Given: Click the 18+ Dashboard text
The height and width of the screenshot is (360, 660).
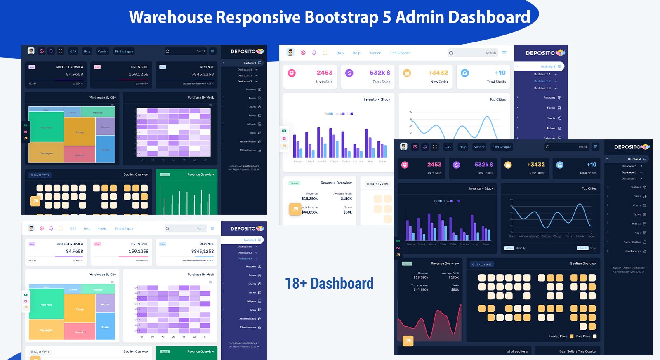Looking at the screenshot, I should coord(329,283).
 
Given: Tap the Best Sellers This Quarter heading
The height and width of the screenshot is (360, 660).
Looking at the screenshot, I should coord(577,351).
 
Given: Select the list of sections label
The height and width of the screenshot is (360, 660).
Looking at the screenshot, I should coord(516,351).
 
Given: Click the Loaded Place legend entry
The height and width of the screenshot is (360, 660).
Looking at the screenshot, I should coord(558,336).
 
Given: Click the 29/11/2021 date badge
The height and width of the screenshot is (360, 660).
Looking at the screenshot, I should coord(482,264).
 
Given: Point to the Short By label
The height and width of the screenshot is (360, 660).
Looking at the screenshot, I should coord(520,248).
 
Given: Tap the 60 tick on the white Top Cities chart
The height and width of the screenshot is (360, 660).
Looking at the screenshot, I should coord(410,112).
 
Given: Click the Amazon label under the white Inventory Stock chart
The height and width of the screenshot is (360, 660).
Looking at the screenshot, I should coord(297,162).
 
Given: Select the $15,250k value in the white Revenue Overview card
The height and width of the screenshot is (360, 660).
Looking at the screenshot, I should coord(309,198).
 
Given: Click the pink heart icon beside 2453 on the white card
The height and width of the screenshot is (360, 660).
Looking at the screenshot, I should coord(292,73).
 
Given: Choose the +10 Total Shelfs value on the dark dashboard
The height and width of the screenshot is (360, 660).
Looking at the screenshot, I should coord(592,165).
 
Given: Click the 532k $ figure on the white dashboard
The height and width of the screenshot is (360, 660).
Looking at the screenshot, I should coord(380,73).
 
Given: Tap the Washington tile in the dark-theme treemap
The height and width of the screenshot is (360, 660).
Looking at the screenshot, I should coord(46,153).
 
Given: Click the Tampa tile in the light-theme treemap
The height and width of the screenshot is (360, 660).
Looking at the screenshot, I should coord(80,309).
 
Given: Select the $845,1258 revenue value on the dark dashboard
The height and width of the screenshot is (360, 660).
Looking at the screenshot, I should coord(202,74).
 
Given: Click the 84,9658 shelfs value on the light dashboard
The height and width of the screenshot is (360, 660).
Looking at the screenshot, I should coord(75,251).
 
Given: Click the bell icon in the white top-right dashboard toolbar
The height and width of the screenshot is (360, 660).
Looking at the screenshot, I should coord(314,53).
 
